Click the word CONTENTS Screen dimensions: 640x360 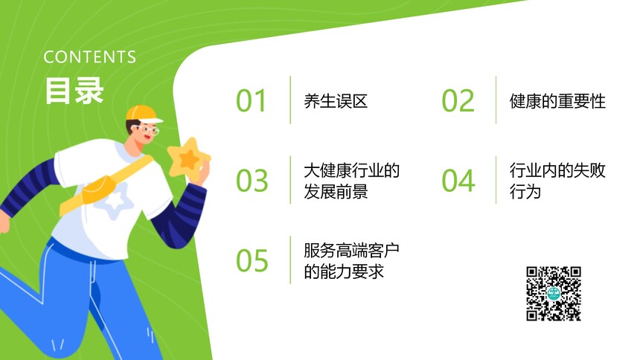(x=90, y=57)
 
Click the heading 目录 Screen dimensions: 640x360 (x=74, y=91)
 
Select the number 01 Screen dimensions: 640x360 (x=252, y=100)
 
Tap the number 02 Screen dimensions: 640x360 (x=458, y=100)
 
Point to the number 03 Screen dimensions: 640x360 (x=252, y=181)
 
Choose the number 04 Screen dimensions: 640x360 (x=458, y=181)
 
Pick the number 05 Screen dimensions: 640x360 (x=252, y=260)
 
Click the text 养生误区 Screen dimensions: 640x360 (x=336, y=101)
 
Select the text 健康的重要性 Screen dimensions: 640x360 (x=557, y=101)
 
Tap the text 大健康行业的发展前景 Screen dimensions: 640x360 (x=351, y=181)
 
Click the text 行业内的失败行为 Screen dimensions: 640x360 (x=557, y=181)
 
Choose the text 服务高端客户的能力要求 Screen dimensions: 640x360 (x=351, y=261)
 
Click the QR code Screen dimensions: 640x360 (x=554, y=294)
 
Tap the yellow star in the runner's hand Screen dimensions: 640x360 (x=188, y=158)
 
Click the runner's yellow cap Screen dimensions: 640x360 (x=143, y=114)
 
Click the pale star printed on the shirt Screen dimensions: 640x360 (x=115, y=201)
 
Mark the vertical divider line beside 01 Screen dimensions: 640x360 (x=291, y=100)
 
